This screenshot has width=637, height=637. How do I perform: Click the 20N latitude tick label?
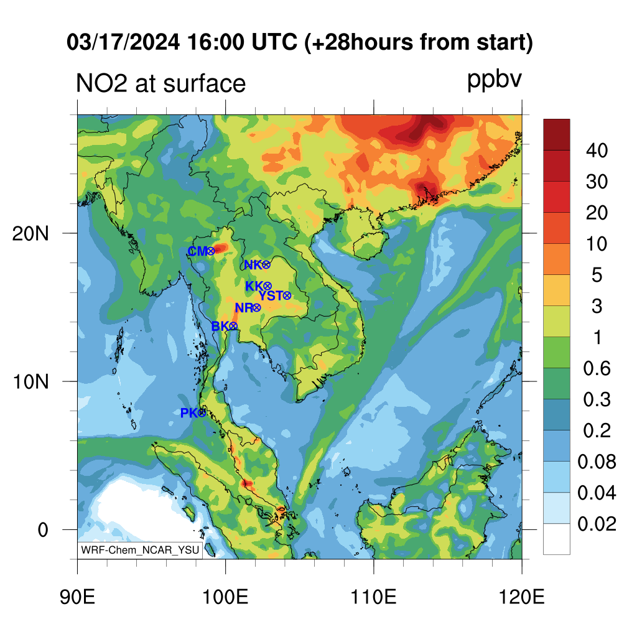tap(30, 234)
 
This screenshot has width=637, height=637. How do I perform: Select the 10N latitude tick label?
tap(30, 382)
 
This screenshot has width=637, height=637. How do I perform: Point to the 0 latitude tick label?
tap(43, 530)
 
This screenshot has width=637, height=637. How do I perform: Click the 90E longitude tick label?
tap(77, 597)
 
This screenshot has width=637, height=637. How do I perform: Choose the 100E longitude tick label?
tap(225, 597)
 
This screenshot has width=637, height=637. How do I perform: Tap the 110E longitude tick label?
tap(373, 597)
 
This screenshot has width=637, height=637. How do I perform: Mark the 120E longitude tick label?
tap(521, 597)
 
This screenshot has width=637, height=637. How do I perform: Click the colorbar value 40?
tap(597, 151)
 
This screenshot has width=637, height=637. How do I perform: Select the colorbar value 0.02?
tap(597, 524)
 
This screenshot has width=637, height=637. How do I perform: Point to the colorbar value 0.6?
tap(597, 368)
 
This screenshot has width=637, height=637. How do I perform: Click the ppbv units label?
tap(494, 80)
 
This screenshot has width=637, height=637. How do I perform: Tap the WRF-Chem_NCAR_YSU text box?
tap(140, 550)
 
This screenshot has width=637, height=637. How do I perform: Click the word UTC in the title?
tap(274, 42)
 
